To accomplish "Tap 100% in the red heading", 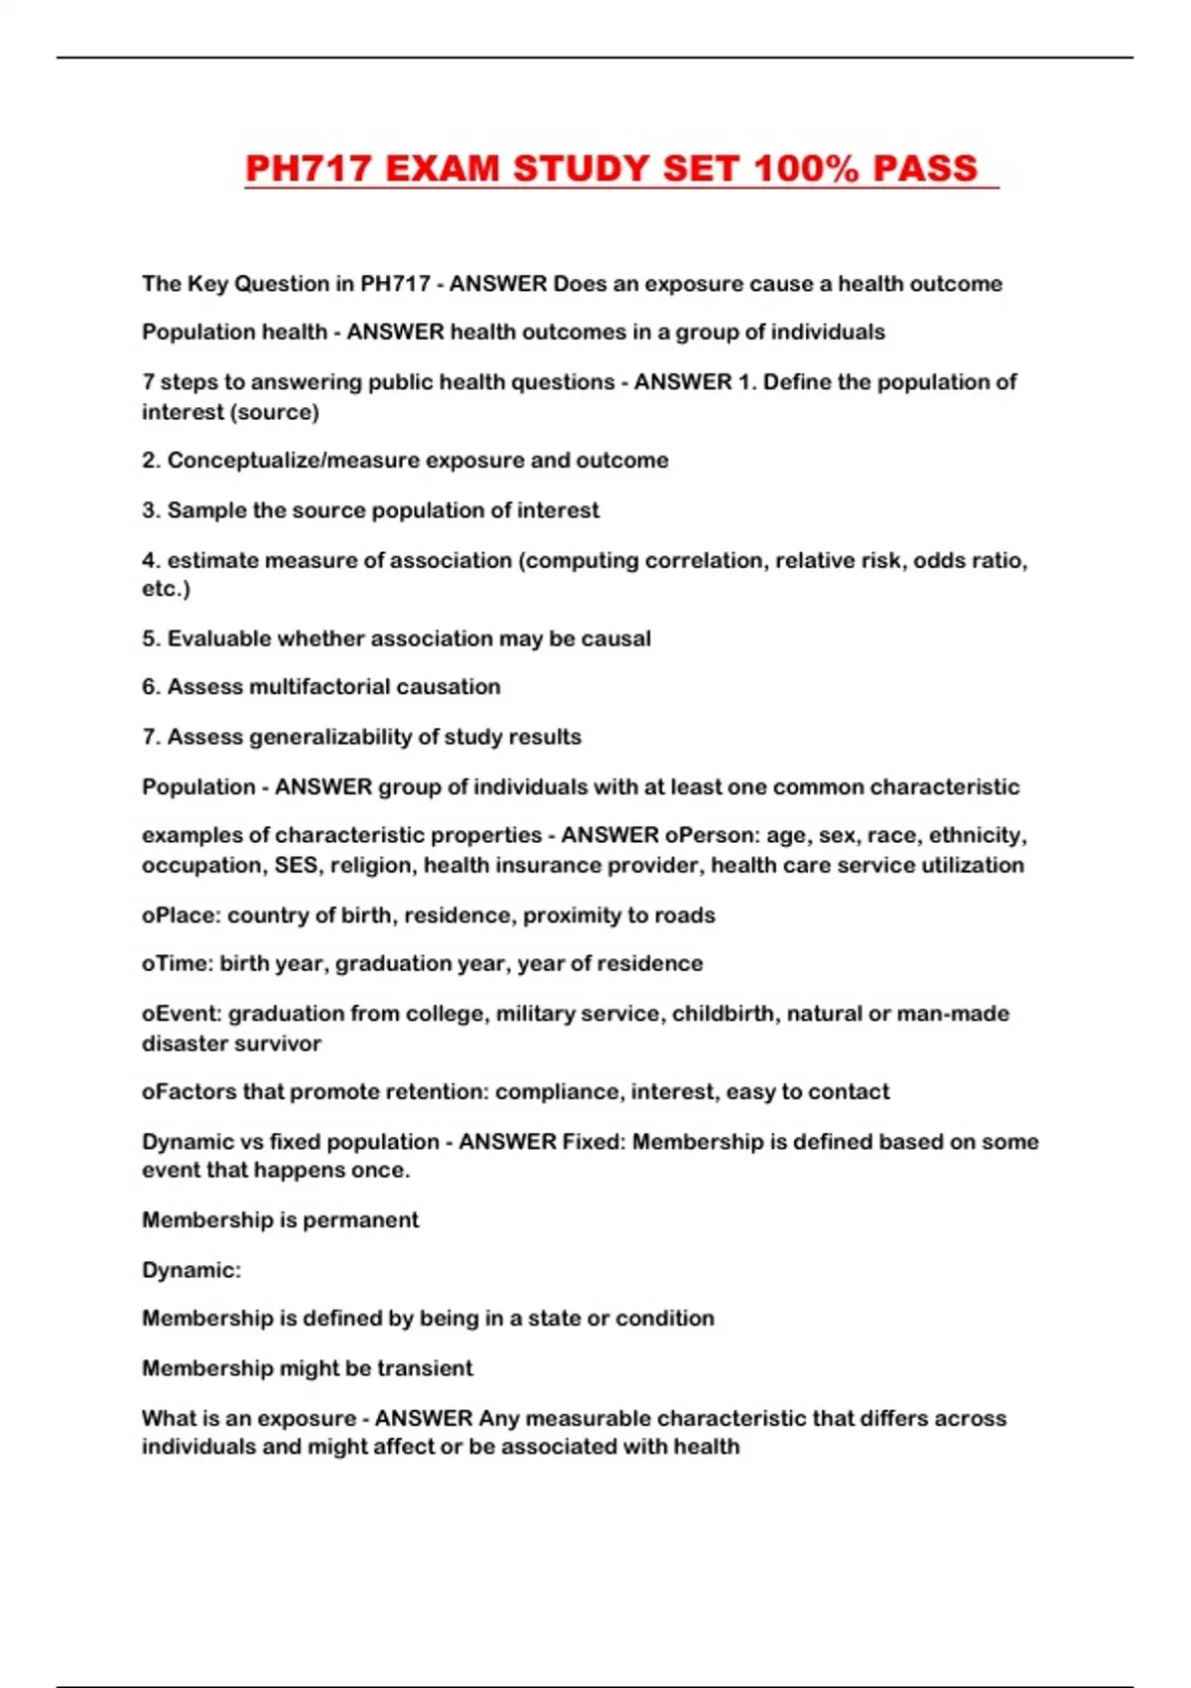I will tap(805, 169).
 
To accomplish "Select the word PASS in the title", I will tap(925, 169).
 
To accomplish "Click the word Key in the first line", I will tap(208, 284).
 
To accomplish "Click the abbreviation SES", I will tap(296, 865).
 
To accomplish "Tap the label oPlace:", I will tap(181, 915).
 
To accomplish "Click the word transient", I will tap(425, 1368).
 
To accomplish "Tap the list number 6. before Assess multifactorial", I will tap(151, 687).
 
